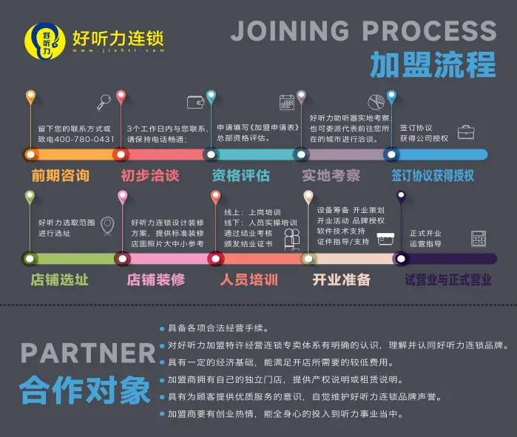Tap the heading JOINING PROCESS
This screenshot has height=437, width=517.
pos(363,32)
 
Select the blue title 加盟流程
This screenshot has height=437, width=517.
pos(432,65)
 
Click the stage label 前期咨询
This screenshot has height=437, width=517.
pos(60,176)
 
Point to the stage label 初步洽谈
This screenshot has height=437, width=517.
pos(149,176)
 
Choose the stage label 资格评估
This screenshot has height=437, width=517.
pos(240,176)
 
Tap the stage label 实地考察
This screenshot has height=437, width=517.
pos(331,176)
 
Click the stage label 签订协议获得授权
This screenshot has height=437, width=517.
pos(433,176)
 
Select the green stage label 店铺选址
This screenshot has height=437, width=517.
pos(59,280)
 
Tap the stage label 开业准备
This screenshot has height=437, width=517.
pos(341,280)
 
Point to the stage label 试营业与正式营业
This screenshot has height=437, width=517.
pos(447,280)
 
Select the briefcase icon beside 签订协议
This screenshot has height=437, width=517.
pos(466,132)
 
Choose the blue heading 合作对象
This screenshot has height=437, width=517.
pos(84,390)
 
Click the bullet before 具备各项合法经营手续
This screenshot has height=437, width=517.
pos(162,328)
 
